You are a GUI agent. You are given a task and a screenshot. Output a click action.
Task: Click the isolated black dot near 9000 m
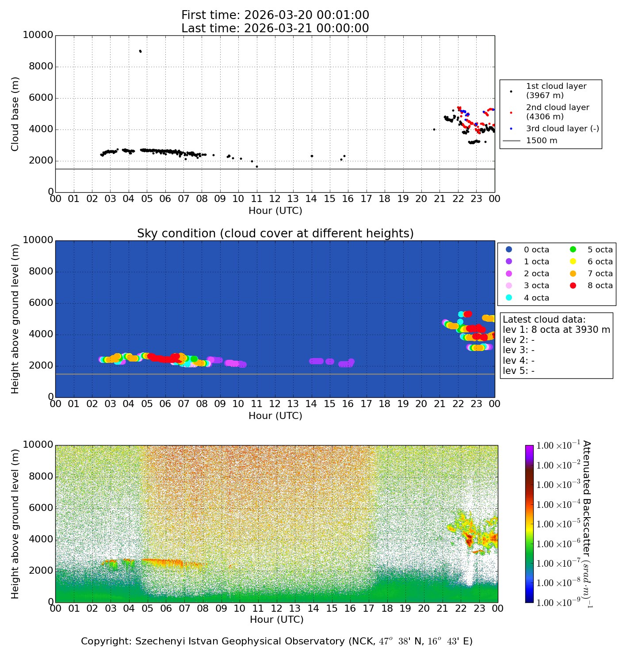click(x=140, y=51)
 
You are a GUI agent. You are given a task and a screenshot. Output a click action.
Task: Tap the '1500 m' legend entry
click(x=541, y=141)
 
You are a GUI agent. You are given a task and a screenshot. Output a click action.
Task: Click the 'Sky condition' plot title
click(x=275, y=233)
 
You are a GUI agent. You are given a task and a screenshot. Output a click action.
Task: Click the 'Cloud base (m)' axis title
click(x=15, y=114)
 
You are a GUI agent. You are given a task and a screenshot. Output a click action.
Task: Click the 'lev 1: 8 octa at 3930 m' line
click(x=556, y=330)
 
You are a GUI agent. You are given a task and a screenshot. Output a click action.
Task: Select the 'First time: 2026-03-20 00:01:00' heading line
click(x=275, y=15)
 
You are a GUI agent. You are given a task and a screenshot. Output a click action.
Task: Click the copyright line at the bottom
click(x=276, y=641)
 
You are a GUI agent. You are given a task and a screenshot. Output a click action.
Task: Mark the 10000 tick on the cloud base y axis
click(x=38, y=35)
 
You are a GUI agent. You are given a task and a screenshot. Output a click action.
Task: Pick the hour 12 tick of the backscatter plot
click(x=276, y=609)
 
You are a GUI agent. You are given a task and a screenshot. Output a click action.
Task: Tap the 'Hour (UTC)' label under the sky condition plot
click(x=275, y=416)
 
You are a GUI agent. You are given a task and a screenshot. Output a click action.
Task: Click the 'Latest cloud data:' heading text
click(x=544, y=320)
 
